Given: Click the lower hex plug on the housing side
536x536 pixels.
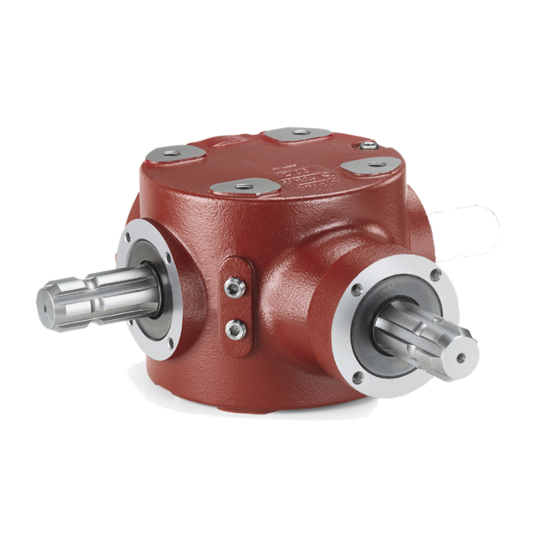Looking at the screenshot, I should click(237, 325).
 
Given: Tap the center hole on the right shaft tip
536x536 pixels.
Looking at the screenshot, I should click(460, 357).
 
